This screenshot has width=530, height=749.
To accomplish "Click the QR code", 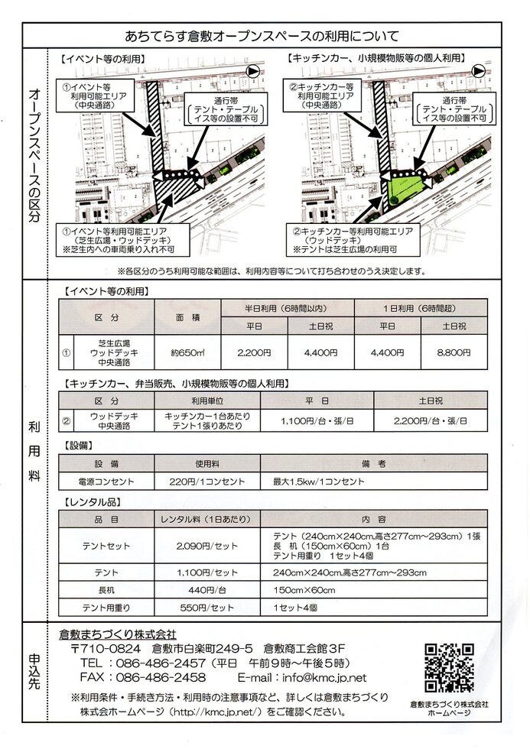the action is [449, 668].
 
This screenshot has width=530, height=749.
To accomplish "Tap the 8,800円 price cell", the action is [454, 352].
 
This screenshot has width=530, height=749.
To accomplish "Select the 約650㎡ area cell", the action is [188, 353].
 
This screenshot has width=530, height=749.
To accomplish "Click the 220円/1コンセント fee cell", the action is [207, 481].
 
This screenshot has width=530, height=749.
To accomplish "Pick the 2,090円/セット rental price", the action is [207, 546].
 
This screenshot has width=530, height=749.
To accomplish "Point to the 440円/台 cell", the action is [207, 590].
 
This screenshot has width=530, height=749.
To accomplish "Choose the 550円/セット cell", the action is [207, 608].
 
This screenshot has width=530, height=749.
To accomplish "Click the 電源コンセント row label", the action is [106, 481].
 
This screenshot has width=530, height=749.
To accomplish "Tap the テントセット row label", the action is [106, 546].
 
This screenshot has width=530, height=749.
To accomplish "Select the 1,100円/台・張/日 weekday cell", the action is [317, 421].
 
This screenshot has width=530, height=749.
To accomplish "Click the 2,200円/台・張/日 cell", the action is [430, 421].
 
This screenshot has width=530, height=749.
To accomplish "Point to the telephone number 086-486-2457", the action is [161, 663].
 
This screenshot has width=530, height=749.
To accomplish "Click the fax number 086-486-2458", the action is [161, 677].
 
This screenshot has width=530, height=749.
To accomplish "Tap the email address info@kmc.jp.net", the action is [324, 677].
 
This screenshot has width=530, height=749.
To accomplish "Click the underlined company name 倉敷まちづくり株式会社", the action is [118, 634].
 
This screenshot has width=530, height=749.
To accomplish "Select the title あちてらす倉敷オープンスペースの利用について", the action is [262, 36].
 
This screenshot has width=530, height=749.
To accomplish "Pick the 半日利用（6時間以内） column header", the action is [288, 309].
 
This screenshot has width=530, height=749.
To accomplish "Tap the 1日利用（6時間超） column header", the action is [420, 309].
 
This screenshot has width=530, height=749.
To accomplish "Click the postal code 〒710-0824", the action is [106, 648].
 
